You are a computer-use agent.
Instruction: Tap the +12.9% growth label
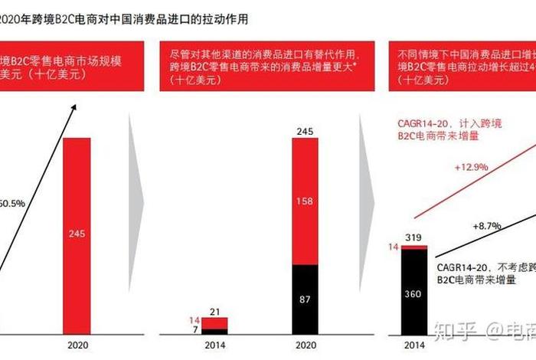point(470,166)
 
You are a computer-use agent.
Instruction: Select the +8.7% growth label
point(486,226)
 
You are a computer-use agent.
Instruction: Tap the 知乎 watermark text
point(451,330)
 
